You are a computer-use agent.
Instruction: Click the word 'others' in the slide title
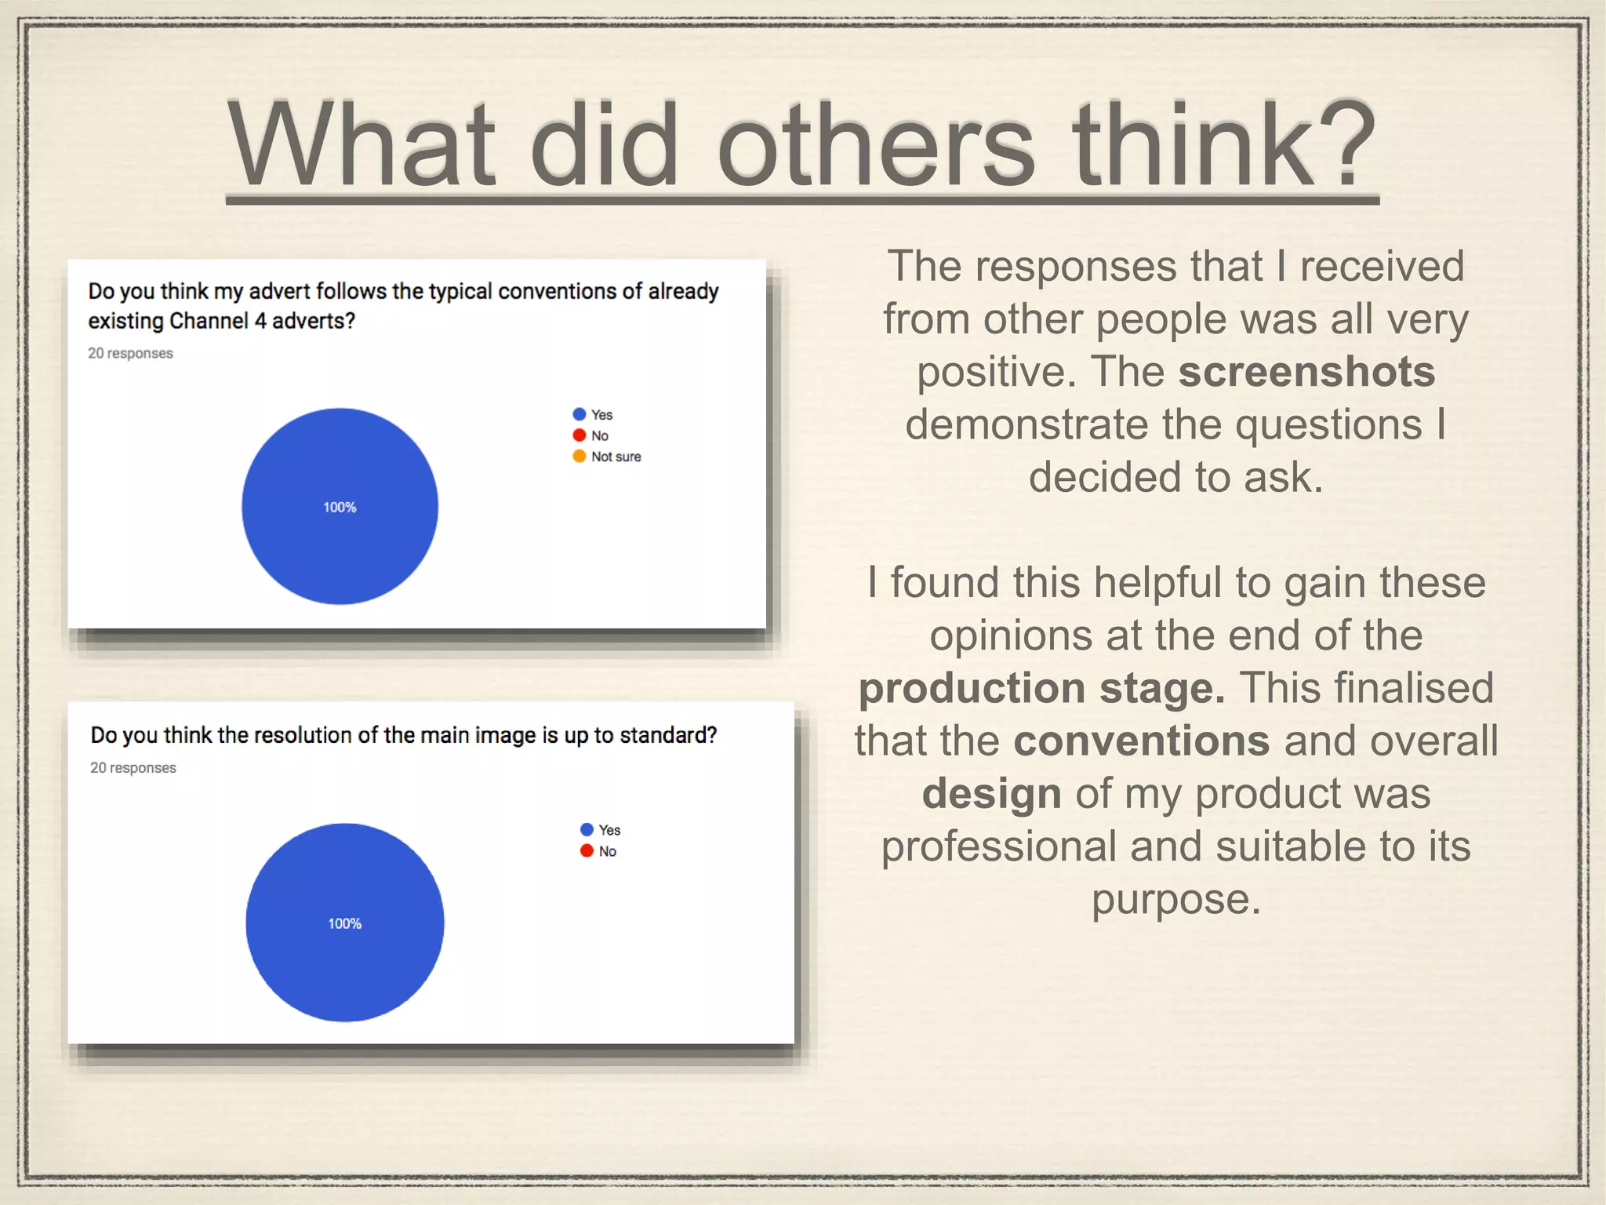point(876,147)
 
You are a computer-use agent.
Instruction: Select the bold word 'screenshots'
point(1306,371)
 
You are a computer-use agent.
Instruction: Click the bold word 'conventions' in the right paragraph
point(1142,740)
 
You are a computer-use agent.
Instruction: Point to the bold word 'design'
point(991,793)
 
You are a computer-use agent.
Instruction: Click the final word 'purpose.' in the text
point(1176,899)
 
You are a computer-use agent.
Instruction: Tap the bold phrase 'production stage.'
point(1041,688)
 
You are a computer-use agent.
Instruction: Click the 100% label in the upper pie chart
point(340,508)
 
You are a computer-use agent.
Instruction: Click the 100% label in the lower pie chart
point(345,923)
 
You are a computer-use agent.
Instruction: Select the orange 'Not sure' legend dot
point(580,457)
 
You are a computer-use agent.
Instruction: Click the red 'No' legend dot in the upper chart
point(580,435)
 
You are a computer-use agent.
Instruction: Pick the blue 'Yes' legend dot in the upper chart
point(580,414)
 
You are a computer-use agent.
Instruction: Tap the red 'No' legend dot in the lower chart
point(587,851)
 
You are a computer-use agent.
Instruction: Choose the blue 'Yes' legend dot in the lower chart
point(587,830)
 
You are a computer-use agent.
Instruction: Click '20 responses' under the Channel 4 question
point(130,353)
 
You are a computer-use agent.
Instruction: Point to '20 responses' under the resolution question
point(133,767)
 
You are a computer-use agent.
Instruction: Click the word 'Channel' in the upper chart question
point(209,321)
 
